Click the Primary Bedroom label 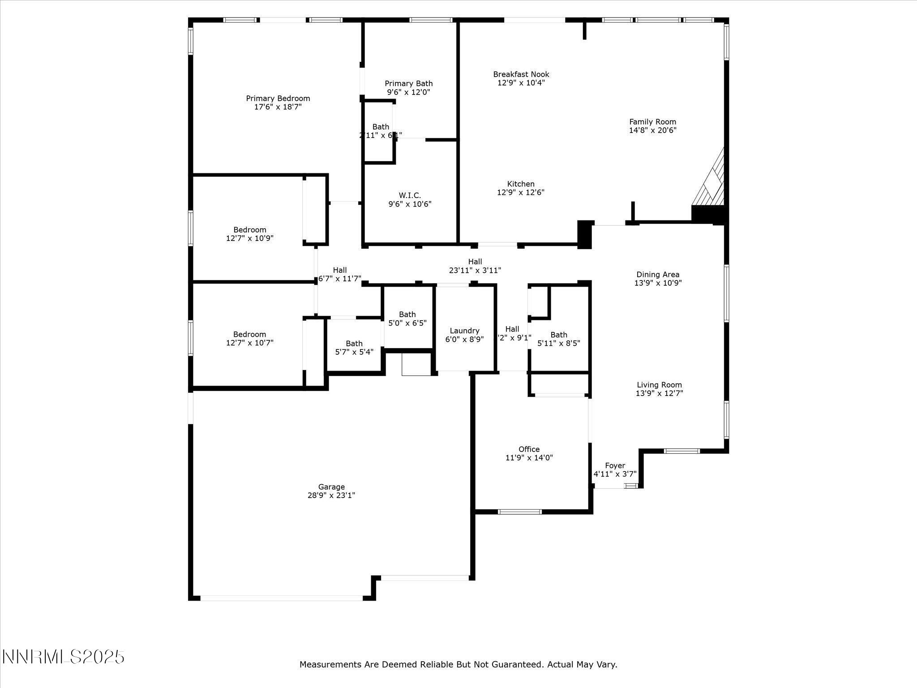[x=278, y=99]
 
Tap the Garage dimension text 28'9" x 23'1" [x=331, y=495]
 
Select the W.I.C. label [x=410, y=195]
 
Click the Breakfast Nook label [x=521, y=74]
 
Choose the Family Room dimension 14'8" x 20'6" [x=652, y=130]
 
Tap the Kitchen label [x=521, y=184]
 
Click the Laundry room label [x=464, y=331]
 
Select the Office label [x=529, y=449]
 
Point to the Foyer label [x=615, y=466]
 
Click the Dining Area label [x=658, y=275]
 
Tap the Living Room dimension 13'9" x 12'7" [x=659, y=393]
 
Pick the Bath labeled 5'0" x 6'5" [x=407, y=318]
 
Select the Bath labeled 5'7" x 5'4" [x=354, y=348]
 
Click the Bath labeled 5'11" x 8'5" [x=558, y=339]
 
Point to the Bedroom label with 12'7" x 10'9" [x=249, y=234]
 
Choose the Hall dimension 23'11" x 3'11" [x=475, y=271]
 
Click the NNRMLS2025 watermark [x=63, y=657]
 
